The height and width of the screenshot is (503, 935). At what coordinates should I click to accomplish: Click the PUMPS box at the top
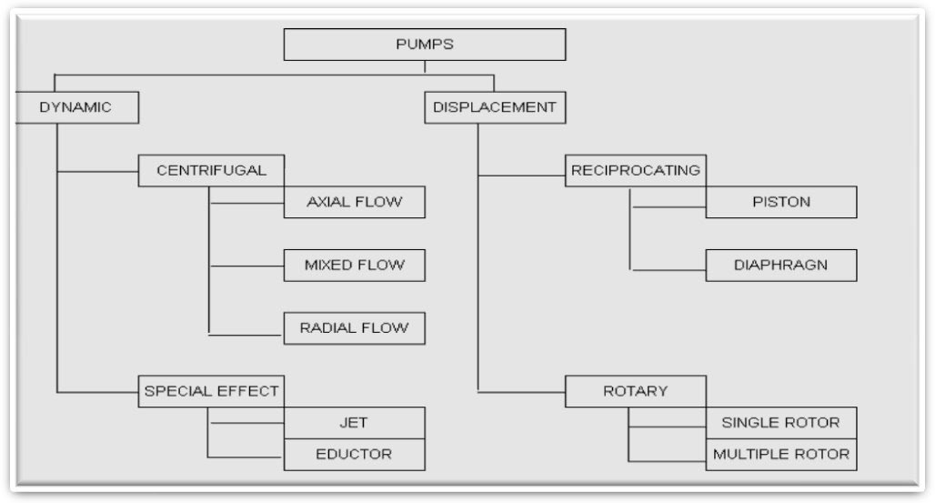tap(424, 45)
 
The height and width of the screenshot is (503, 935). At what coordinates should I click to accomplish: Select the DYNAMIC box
tap(76, 107)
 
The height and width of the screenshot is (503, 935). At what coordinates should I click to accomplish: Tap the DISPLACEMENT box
tap(494, 107)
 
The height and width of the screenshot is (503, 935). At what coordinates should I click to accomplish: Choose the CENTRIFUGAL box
tap(211, 170)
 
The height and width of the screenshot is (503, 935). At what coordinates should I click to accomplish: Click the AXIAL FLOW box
tap(354, 202)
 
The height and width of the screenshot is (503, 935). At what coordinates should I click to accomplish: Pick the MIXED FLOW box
tap(354, 266)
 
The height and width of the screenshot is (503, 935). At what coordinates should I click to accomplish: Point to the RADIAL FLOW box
tap(354, 328)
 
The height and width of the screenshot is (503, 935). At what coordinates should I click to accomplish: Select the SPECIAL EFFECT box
tap(211, 391)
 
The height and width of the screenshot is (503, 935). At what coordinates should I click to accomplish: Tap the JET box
tap(354, 423)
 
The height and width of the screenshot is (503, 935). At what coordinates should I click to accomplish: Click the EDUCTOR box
tap(354, 454)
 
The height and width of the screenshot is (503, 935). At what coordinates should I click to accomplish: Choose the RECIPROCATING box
tap(635, 170)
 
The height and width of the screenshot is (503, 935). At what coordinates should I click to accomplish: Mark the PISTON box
tap(780, 202)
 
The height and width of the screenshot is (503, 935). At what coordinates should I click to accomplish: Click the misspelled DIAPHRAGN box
tap(780, 266)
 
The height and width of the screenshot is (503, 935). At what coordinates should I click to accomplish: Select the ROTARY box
tap(635, 391)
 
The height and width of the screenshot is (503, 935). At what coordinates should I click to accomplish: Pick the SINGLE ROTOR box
tap(780, 423)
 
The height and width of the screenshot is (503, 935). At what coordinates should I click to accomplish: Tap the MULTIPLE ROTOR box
tap(780, 454)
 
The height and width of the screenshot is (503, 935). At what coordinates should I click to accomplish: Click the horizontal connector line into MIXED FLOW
tap(246, 267)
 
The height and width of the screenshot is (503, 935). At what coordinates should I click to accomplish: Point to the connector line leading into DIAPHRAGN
tap(669, 269)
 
